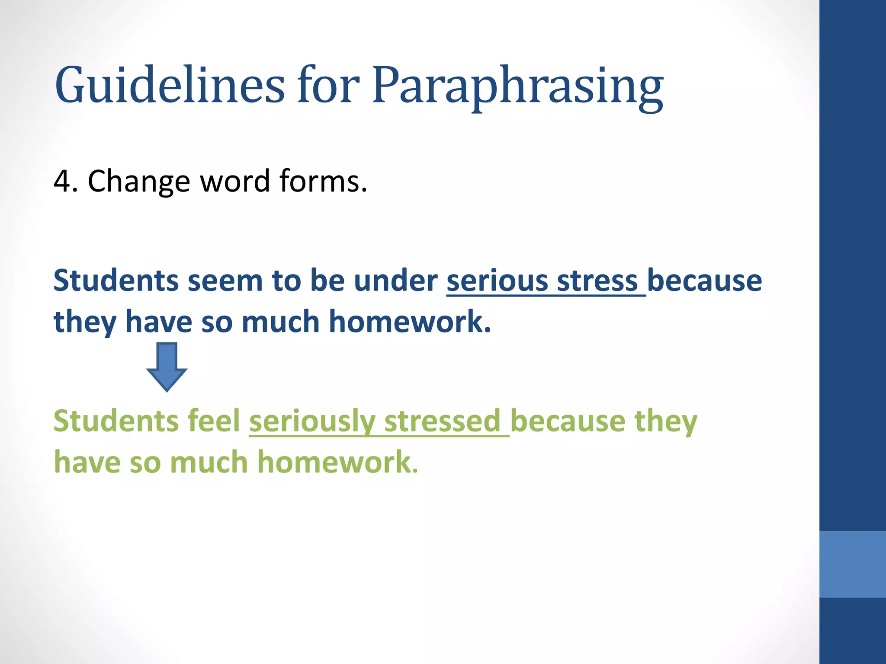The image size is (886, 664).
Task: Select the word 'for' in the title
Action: coord(328,85)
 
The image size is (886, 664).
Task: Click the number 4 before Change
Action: coord(61,181)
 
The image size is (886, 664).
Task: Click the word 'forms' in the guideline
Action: coord(320,181)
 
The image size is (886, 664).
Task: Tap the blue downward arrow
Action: coord(167,366)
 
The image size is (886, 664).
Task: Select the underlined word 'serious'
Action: coord(498,281)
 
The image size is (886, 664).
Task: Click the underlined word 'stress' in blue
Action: coord(597,281)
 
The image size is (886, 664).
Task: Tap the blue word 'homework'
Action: coord(409,322)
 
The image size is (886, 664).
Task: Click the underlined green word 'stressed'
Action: coord(442,421)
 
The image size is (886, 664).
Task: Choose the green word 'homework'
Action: coord(335,462)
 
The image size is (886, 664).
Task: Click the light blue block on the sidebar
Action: coord(852,564)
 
